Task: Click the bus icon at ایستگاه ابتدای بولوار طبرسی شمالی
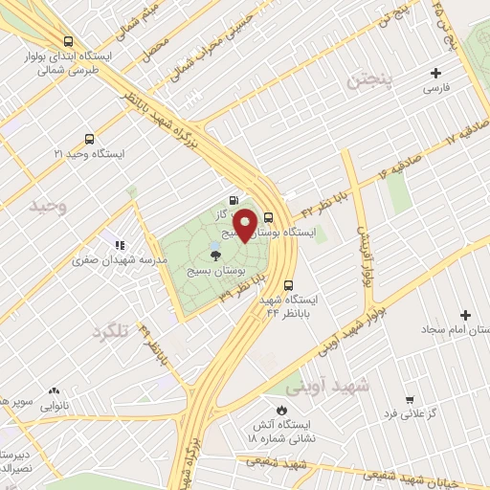(67, 41)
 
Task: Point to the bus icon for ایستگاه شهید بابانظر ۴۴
(292, 283)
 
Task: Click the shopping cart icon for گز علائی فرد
(410, 399)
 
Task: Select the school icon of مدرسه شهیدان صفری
(121, 244)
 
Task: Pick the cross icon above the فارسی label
(436, 73)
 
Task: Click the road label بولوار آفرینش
(363, 256)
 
